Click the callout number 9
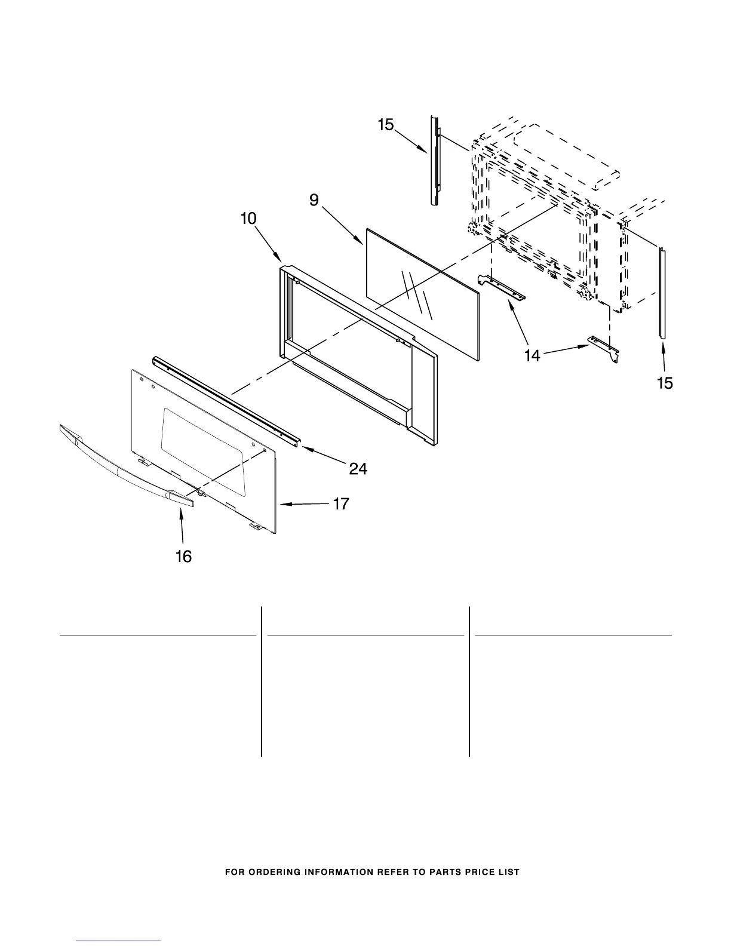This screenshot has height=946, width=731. click(314, 201)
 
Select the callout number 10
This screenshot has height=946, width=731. click(248, 219)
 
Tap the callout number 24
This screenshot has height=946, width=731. click(358, 469)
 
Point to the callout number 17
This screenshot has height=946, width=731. click(340, 504)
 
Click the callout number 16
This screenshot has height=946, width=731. click(183, 557)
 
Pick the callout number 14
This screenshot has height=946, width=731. click(532, 355)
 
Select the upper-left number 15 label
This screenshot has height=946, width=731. click(386, 125)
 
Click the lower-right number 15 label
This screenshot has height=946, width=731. click(665, 383)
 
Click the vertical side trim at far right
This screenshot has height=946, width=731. click(662, 293)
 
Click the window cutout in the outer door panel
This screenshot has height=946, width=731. click(203, 448)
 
